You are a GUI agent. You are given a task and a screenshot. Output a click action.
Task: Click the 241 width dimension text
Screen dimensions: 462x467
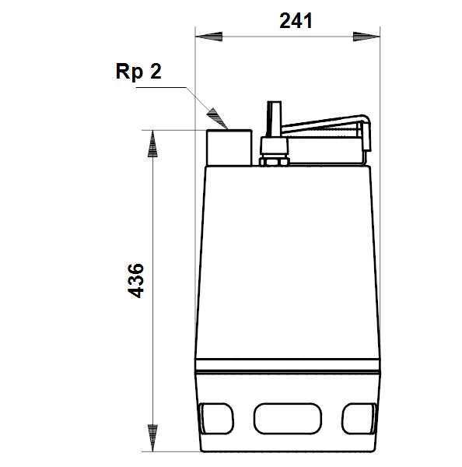296,21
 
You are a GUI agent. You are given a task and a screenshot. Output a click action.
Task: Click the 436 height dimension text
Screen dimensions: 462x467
136,280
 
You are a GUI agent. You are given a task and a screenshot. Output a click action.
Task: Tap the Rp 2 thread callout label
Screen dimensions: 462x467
138,71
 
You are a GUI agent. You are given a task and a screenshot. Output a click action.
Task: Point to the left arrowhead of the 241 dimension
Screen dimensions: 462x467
208,37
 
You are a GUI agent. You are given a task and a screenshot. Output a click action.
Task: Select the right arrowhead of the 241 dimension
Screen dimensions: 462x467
366,37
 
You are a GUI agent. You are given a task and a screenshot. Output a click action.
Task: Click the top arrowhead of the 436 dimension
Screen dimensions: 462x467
152,143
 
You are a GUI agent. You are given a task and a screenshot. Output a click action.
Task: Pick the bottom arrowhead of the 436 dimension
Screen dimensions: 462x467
152,437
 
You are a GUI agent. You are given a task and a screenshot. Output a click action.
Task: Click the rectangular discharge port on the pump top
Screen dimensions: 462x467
229,147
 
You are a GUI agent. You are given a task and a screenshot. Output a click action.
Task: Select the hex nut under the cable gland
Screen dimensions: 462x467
274,162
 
